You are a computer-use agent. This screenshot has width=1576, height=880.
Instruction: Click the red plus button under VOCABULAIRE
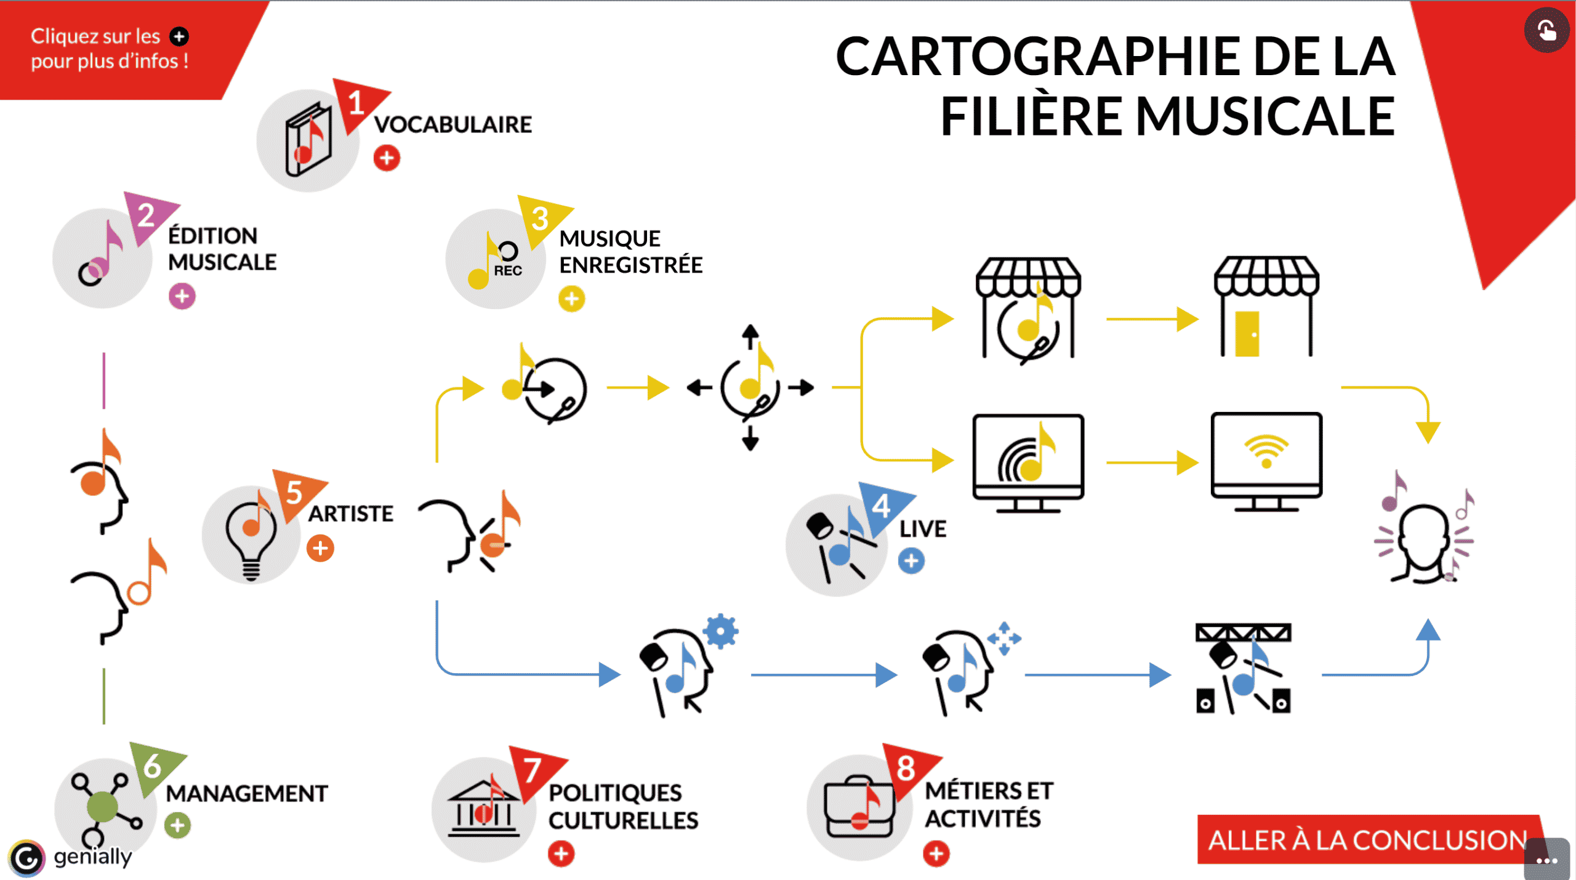387,158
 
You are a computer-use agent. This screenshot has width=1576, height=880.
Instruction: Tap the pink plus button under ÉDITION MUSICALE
182,296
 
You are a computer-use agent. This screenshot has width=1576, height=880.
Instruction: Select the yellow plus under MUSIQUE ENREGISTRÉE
572,299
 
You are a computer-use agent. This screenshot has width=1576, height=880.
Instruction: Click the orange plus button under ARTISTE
320,548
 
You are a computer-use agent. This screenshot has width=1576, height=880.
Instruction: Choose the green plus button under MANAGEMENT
177,825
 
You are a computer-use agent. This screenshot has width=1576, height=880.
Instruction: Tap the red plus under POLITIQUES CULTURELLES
561,854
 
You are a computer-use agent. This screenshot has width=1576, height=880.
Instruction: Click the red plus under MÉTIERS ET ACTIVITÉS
936,854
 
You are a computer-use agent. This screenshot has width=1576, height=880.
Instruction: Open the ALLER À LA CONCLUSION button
1367,840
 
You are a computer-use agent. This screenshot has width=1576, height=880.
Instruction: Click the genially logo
27,858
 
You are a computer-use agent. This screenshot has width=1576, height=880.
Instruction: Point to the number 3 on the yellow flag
540,218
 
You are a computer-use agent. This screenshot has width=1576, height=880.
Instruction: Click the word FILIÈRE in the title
1031,117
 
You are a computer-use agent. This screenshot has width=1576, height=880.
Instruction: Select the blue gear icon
721,631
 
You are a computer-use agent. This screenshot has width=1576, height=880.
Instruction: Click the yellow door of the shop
1247,334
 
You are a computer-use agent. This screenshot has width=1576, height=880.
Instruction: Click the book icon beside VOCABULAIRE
307,140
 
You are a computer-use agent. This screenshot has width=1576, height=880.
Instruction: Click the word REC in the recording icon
508,271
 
